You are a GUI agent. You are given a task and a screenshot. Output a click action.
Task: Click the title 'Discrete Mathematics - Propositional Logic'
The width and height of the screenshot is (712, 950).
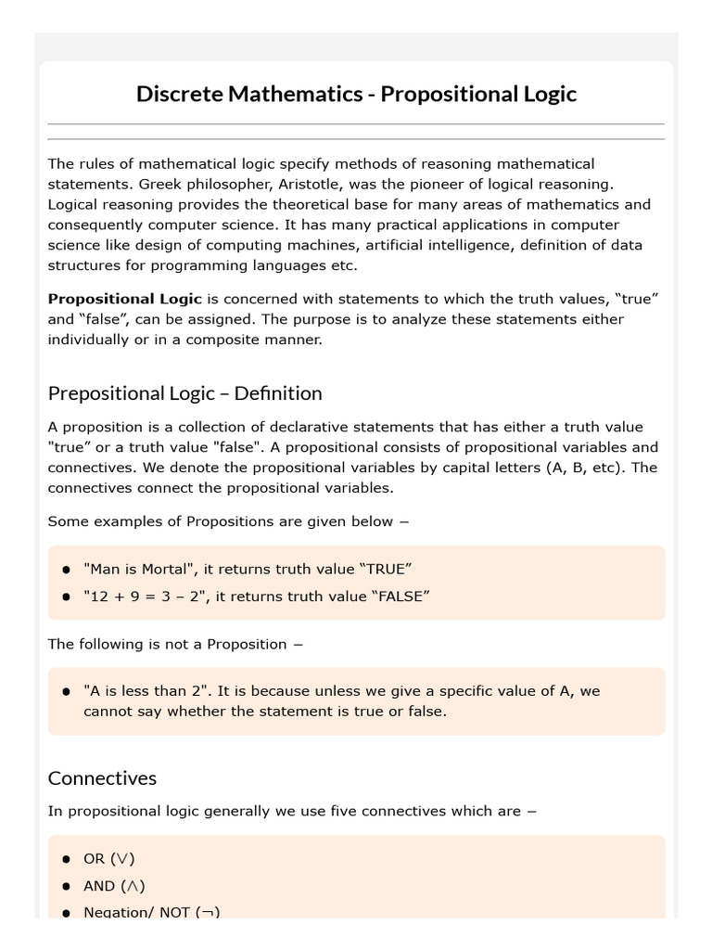click(x=356, y=94)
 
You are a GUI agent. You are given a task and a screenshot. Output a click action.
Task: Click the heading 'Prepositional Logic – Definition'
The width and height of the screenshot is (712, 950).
click(x=184, y=393)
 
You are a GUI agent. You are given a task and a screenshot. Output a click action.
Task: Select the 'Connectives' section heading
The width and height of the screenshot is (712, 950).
click(x=102, y=777)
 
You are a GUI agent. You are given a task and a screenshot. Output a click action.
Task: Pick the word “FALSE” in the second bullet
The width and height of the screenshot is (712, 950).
click(x=400, y=596)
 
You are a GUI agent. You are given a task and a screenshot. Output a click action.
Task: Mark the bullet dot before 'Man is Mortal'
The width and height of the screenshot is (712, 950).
click(x=67, y=570)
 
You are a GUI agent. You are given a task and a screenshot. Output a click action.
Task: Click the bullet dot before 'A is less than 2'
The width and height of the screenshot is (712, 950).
click(x=67, y=692)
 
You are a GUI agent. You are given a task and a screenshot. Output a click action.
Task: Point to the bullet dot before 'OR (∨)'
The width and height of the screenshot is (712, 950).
click(x=67, y=860)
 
